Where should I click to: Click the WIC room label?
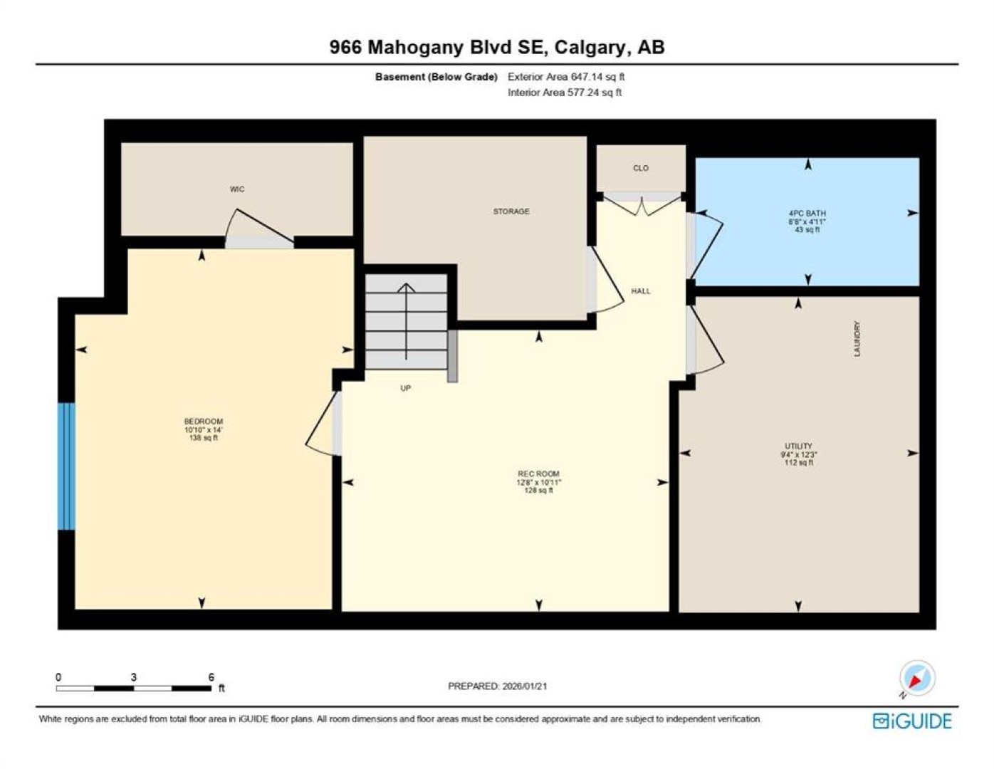[237, 189]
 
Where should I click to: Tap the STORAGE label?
[511, 211]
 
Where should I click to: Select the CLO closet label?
[640, 168]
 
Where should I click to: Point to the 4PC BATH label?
[807, 213]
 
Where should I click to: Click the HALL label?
[640, 291]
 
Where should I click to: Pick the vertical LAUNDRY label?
[857, 338]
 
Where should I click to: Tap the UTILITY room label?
[798, 446]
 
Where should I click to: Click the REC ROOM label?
[538, 474]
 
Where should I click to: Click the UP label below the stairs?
[405, 388]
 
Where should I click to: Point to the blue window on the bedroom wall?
[66, 466]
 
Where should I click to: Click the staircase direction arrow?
[406, 321]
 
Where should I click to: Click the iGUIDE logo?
[912, 721]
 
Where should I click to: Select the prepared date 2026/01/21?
[523, 686]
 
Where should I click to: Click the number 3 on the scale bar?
[134, 676]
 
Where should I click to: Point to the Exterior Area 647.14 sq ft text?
[566, 77]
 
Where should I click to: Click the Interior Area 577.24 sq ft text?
[565, 93]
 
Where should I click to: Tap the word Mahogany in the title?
[415, 48]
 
